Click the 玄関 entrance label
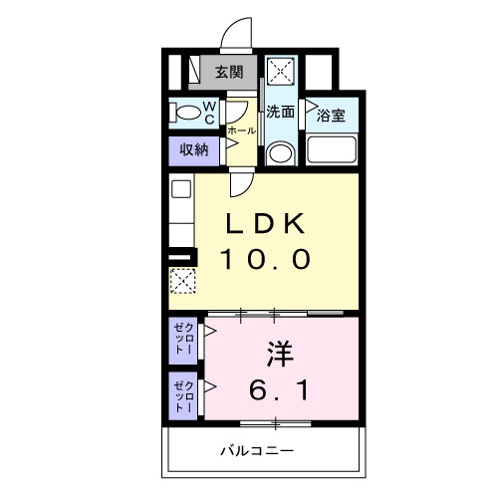[x=228, y=72]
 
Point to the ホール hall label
[x=241, y=130]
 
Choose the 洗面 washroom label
[x=281, y=112]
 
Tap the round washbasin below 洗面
[x=281, y=152]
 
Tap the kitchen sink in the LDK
[x=180, y=187]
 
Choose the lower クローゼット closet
[x=182, y=394]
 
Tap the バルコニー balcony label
[x=256, y=453]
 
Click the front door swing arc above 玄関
[x=236, y=34]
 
